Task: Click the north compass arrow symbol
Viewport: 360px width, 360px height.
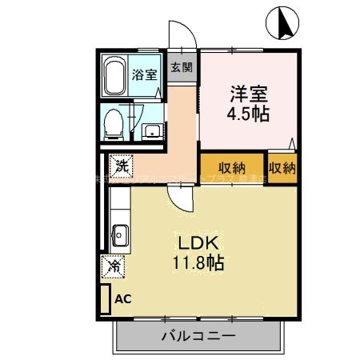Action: coord(284,21)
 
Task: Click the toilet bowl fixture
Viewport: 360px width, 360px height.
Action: coord(114,122)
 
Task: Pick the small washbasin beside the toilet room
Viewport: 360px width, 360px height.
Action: coord(150,130)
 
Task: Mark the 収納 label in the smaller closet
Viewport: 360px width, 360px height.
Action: coord(282,167)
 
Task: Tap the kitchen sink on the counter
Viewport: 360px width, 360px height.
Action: coord(121,235)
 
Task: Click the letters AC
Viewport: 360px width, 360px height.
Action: coord(123,299)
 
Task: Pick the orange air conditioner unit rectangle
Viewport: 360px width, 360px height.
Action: coord(104,299)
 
